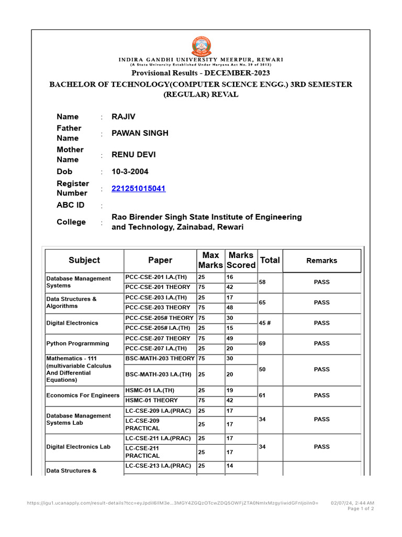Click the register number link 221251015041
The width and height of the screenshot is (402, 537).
pyautogui.click(x=139, y=188)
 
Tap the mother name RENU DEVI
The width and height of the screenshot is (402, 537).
pyautogui.click(x=133, y=155)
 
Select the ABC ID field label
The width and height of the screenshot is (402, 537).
pyautogui.click(x=70, y=205)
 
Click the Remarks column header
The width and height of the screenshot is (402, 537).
pyautogui.click(x=321, y=261)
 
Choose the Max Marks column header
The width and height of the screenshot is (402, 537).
pyautogui.click(x=210, y=260)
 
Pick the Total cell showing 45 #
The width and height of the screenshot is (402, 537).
pyautogui.click(x=265, y=323)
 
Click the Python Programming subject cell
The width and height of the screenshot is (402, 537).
pyautogui.click(x=77, y=343)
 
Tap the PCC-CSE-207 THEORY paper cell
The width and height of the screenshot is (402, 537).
pyautogui.click(x=158, y=338)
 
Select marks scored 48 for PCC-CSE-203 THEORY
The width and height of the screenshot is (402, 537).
pyautogui.click(x=230, y=307)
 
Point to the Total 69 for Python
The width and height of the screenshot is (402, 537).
pyautogui.click(x=263, y=343)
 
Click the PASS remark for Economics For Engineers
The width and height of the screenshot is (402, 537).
pyautogui.click(x=321, y=395)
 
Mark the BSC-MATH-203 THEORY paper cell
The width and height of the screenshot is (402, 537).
pyautogui.click(x=160, y=359)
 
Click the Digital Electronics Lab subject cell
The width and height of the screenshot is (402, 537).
pyautogui.click(x=79, y=447)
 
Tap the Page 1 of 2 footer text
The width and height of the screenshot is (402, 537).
pyautogui.click(x=360, y=509)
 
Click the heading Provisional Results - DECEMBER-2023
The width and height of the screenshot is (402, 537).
pyautogui.click(x=200, y=73)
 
